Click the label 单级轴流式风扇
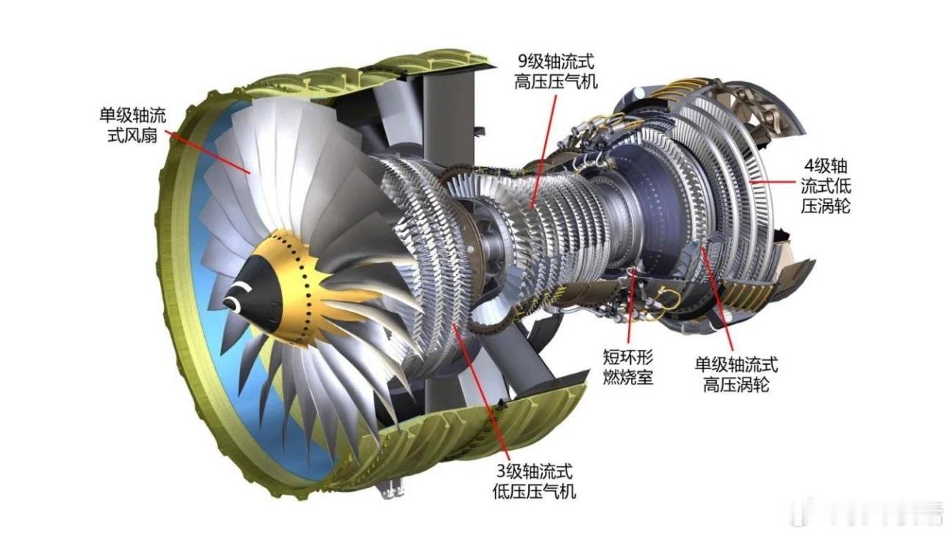tap(133, 125)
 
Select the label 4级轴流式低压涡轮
tap(826, 186)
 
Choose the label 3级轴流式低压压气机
tap(534, 482)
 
